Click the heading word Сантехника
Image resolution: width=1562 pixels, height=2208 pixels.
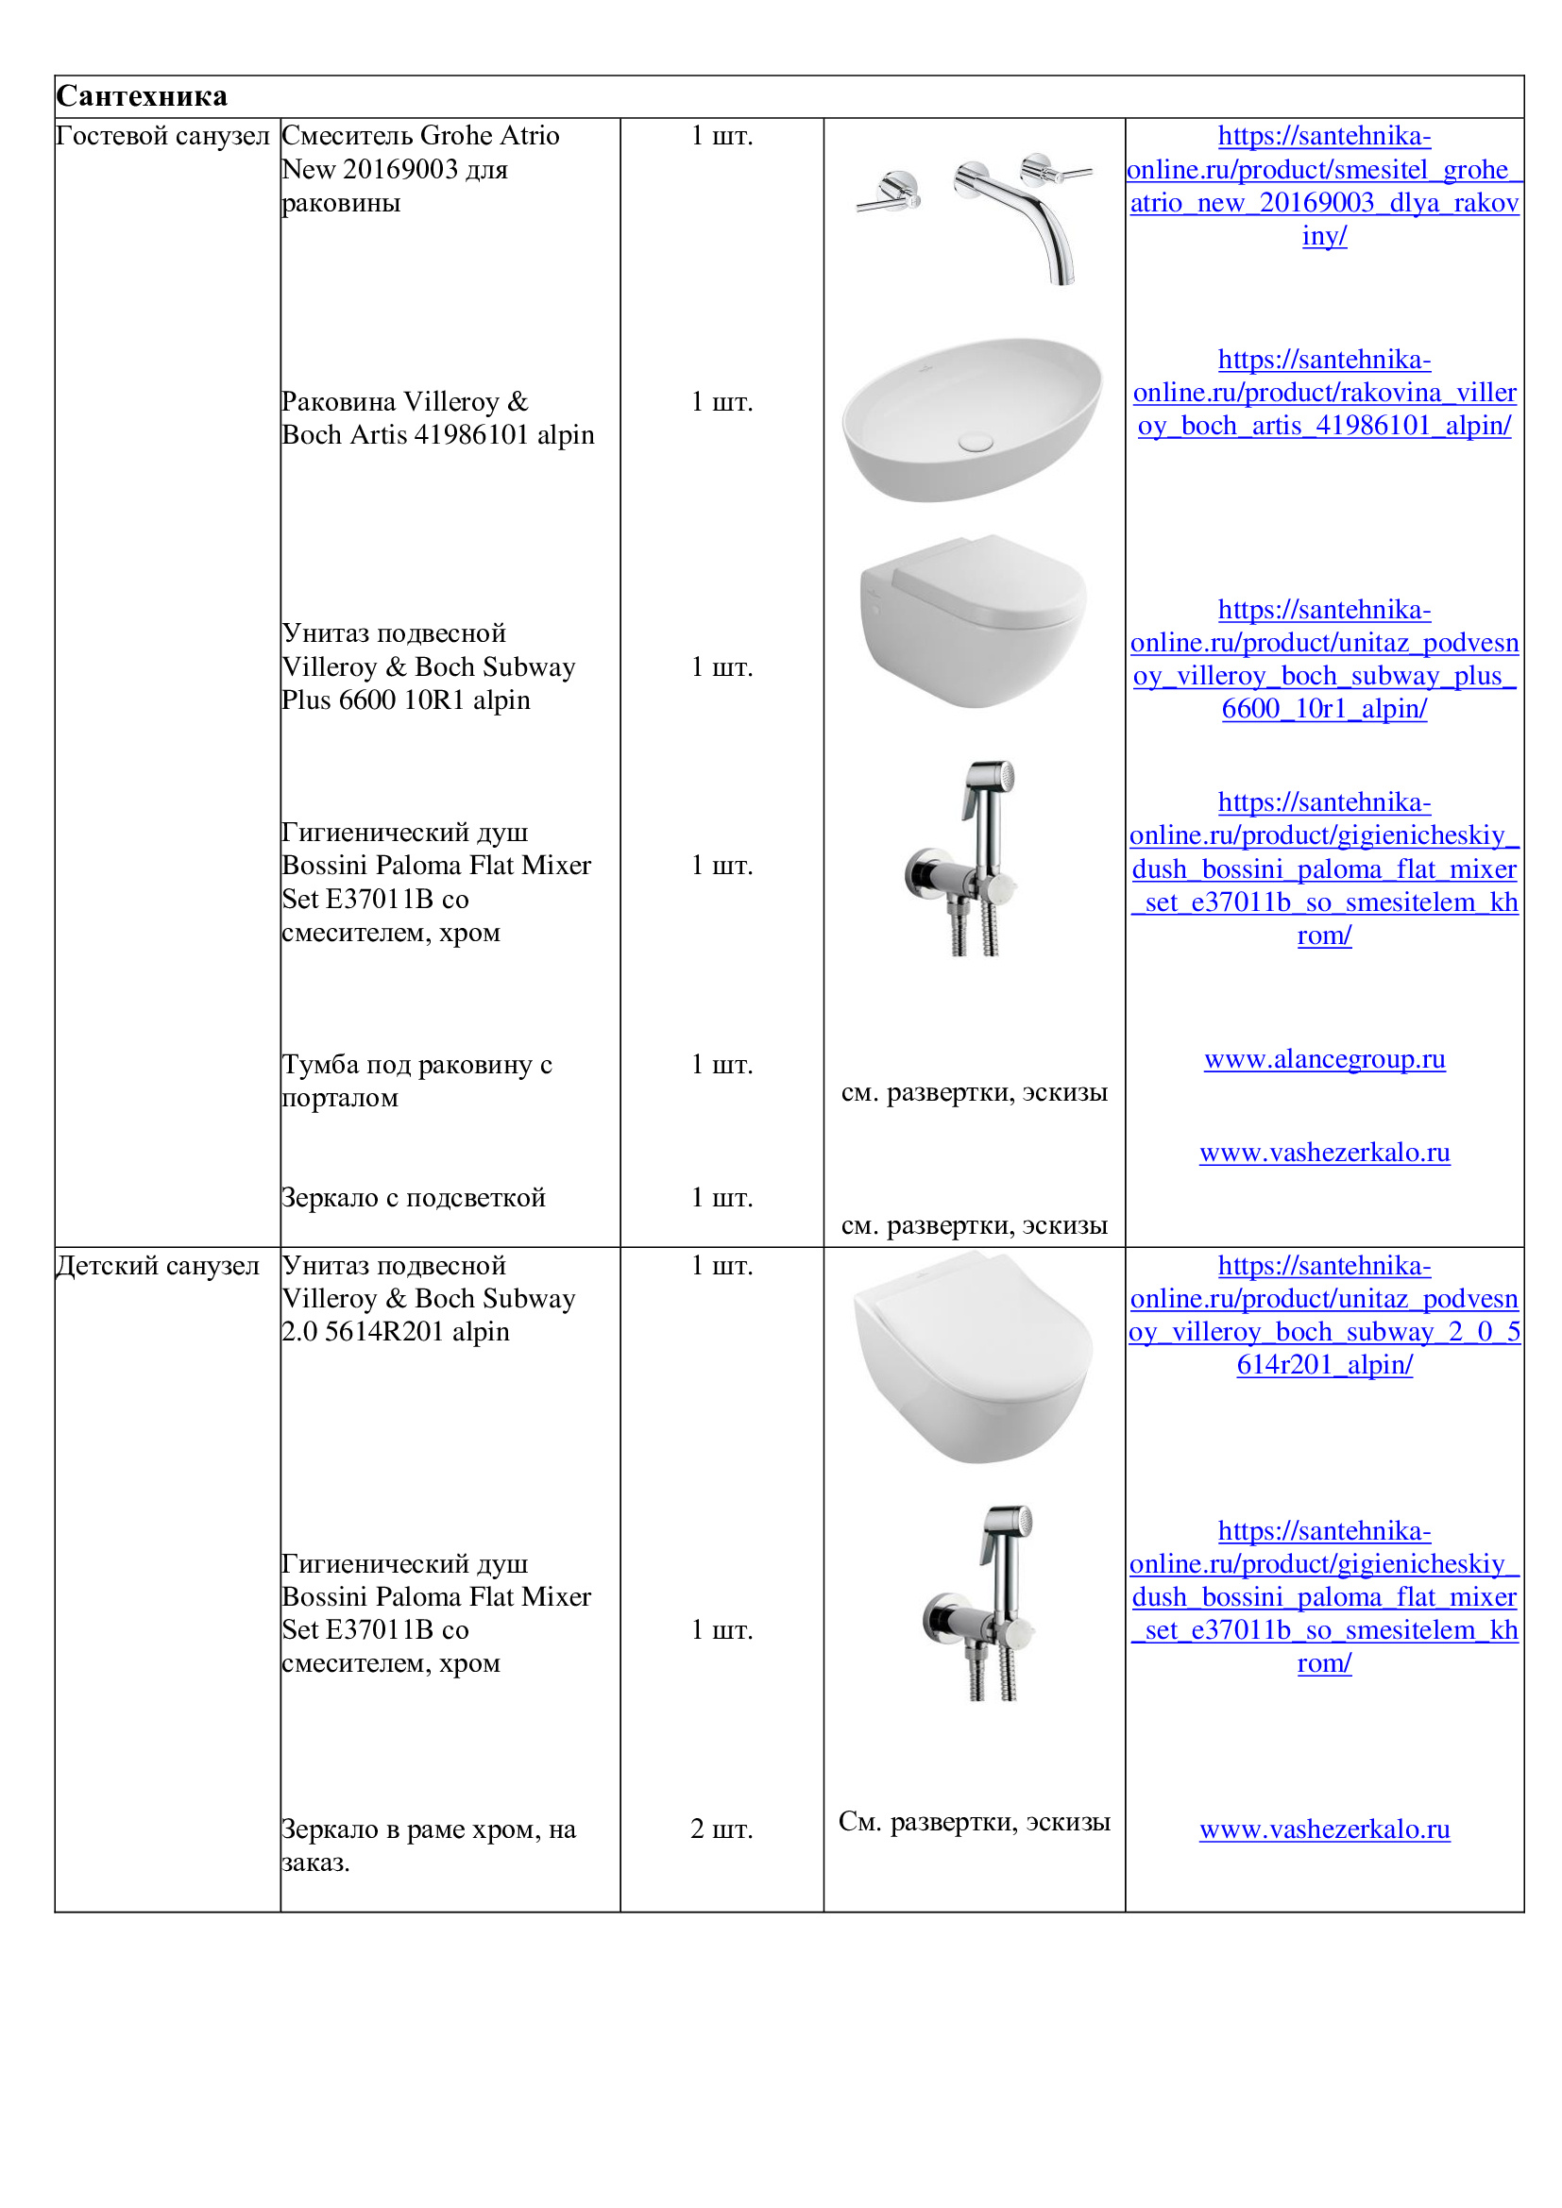tap(142, 96)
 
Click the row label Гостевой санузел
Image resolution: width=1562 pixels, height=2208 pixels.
tap(162, 136)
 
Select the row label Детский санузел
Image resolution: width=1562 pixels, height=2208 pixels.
tap(158, 1266)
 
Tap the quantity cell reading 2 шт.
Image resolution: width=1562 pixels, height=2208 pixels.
tap(722, 1829)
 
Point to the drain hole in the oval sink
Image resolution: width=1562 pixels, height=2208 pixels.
tap(976, 442)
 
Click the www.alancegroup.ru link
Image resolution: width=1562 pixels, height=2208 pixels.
tap(1324, 1060)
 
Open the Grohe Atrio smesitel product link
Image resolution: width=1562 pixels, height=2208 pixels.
tap(1324, 186)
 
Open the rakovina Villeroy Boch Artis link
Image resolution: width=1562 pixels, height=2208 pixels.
tap(1324, 393)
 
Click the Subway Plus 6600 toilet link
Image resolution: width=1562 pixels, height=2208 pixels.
tap(1324, 660)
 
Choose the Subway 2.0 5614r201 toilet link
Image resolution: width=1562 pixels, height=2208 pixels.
tap(1324, 1316)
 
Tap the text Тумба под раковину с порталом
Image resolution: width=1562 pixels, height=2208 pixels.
tap(416, 1081)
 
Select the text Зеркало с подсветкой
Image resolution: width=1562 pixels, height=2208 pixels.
tap(414, 1198)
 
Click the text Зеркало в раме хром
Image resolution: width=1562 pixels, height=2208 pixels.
tap(429, 1830)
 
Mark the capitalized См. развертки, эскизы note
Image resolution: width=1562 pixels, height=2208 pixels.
tap(975, 1822)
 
